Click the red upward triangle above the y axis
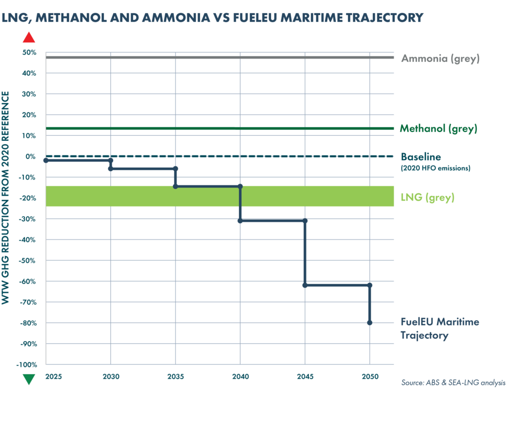tap(29, 38)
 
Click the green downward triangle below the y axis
tap(29, 380)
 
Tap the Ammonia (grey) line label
tap(440, 58)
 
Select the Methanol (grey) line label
tap(439, 129)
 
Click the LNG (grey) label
tap(428, 198)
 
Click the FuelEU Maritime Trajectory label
tap(440, 329)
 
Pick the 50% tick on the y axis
tap(29, 52)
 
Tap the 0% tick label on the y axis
tap(31, 156)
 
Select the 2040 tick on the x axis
tap(240, 377)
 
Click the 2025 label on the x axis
tap(53, 377)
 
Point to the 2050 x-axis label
tap(370, 377)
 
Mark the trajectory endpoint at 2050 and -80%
tap(370, 323)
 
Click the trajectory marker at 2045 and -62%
tap(305, 285)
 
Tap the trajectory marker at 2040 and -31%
tap(240, 220)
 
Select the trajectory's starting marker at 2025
tap(46, 160)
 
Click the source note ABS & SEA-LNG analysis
tap(453, 383)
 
